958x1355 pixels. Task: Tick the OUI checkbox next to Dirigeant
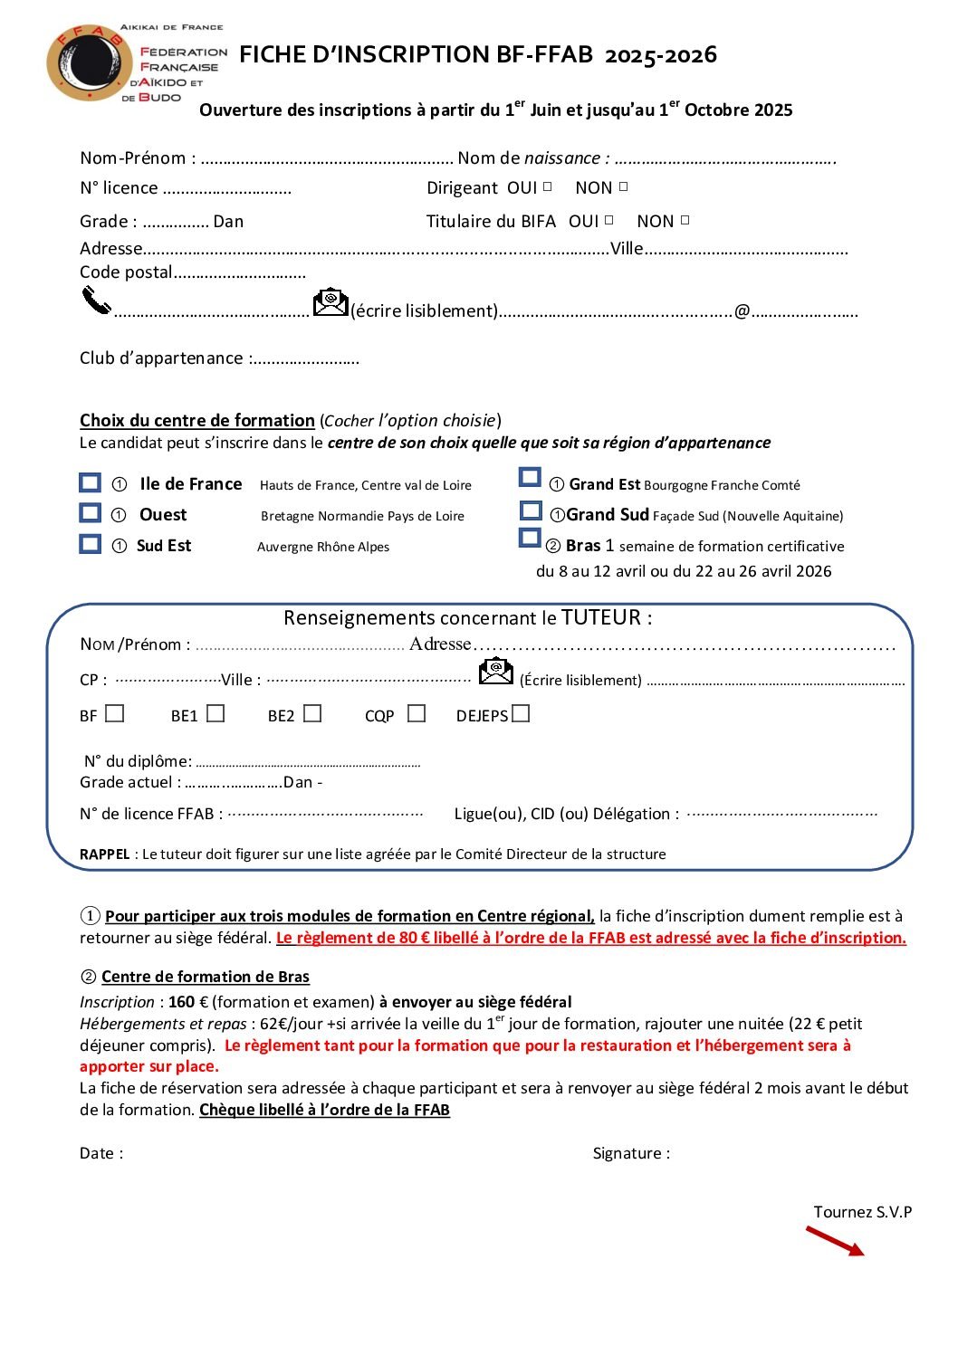pos(547,186)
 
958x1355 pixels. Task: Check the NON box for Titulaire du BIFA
pos(685,220)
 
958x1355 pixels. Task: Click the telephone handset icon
pos(95,300)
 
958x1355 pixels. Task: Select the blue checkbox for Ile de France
pos(90,482)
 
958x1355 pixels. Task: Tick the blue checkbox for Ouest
pos(90,513)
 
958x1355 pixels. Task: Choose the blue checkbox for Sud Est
pos(90,544)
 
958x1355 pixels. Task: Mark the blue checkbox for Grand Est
pos(530,477)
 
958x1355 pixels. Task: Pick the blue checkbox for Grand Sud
pos(531,511)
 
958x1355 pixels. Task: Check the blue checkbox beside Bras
pos(529,538)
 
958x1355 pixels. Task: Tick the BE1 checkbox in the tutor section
pos(216,713)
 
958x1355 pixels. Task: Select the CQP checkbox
pos(417,713)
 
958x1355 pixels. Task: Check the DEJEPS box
pos(520,713)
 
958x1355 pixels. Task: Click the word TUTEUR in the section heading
pos(601,617)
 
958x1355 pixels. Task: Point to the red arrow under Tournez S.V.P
pos(835,1241)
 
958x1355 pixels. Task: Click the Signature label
pos(631,1153)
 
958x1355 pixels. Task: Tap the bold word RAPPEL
pos(104,854)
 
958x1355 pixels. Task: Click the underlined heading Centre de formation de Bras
pos(206,977)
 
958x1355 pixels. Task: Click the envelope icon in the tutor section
pos(495,671)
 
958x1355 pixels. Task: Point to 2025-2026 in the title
pos(660,55)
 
